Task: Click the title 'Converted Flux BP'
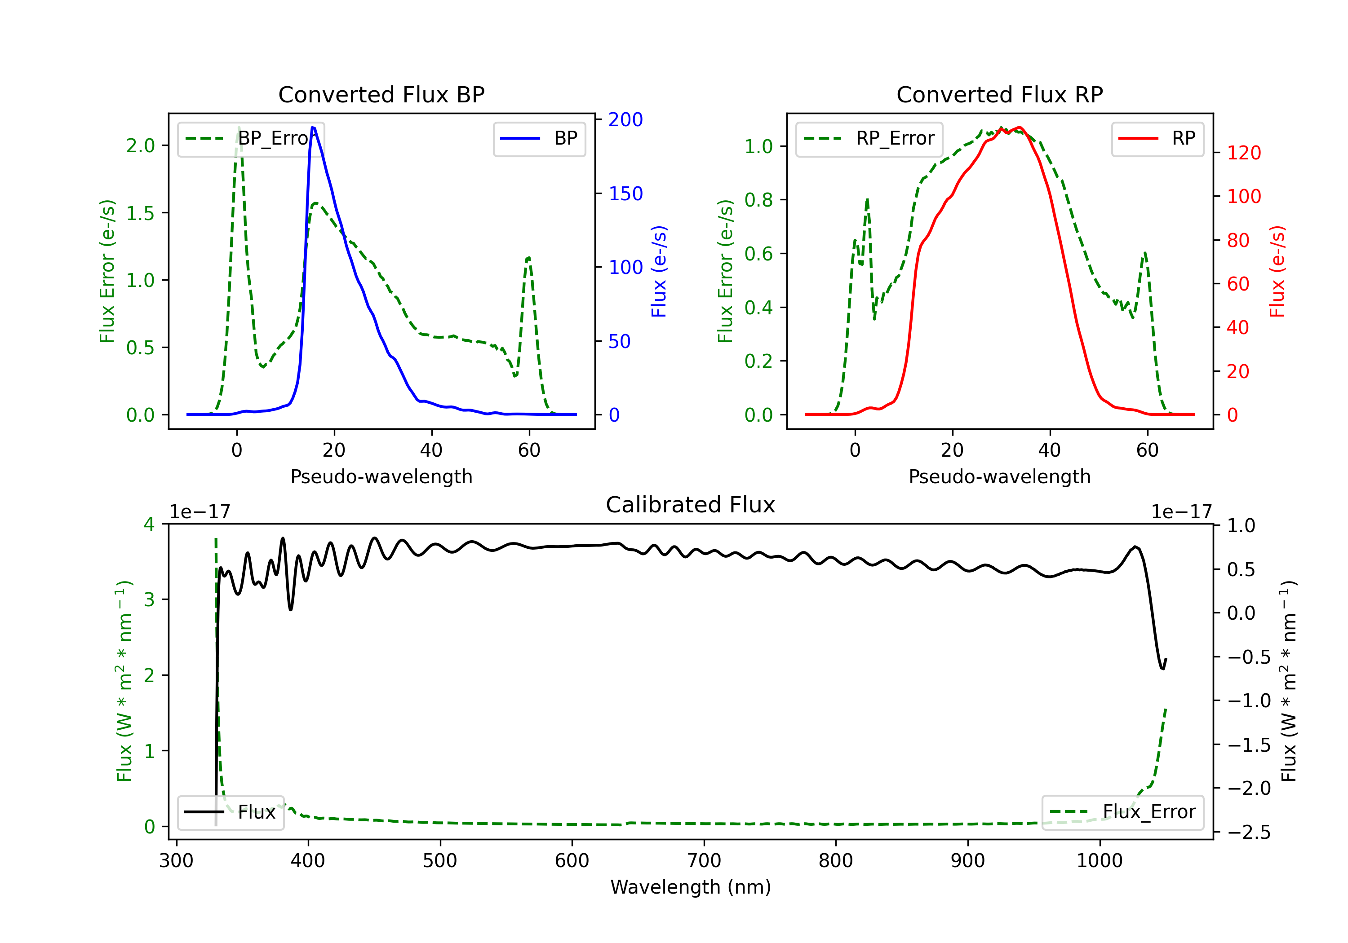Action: pos(381,94)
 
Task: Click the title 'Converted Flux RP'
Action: pos(999,94)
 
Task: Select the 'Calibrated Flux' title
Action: pos(691,505)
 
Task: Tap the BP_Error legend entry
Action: pos(251,138)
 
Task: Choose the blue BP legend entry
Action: pos(539,138)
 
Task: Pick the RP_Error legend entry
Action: pos(869,138)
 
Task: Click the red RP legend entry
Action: pos(1157,138)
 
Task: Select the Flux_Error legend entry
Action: pos(1122,812)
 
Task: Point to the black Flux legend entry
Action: pos(230,812)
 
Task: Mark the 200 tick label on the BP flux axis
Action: pos(625,120)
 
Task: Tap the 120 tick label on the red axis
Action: pos(1244,153)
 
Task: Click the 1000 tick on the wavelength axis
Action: pos(1099,860)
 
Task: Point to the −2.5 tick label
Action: pos(1249,832)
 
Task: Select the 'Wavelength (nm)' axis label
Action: pos(691,887)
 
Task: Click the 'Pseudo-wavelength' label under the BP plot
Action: pos(381,476)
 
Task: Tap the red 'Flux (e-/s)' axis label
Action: pos(1277,272)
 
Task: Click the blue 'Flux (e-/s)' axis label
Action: pos(659,272)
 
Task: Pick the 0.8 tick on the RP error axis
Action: pos(758,200)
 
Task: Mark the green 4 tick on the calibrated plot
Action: pos(149,524)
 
